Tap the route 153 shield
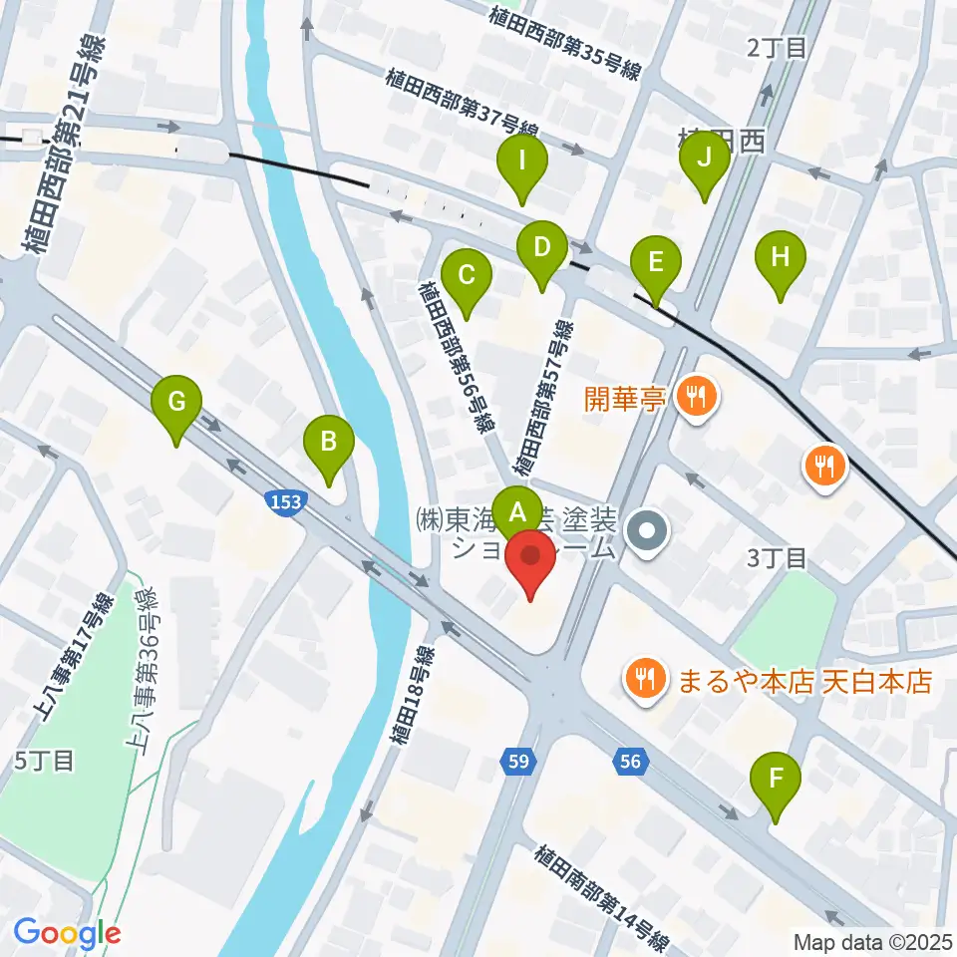(x=283, y=503)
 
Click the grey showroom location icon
(x=649, y=530)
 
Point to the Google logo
(x=68, y=934)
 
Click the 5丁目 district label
(x=45, y=762)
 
